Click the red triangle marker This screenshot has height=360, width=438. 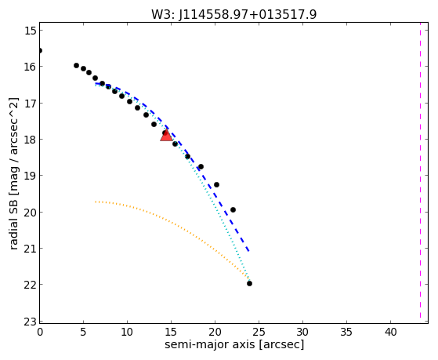click(x=166, y=136)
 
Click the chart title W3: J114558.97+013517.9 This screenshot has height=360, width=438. click(x=233, y=14)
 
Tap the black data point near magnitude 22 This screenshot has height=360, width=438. click(x=249, y=284)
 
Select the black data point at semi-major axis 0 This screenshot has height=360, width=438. click(x=40, y=51)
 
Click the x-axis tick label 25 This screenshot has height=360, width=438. click(x=259, y=333)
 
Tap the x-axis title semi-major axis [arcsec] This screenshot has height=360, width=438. click(x=234, y=344)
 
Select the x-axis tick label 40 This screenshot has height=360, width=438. click(x=390, y=333)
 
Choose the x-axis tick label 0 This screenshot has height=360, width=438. click(x=40, y=333)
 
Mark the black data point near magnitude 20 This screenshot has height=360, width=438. click(x=233, y=209)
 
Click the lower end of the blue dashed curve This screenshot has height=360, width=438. click(x=248, y=251)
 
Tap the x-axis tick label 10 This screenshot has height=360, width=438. click(x=128, y=333)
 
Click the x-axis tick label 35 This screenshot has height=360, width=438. click(x=346, y=333)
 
